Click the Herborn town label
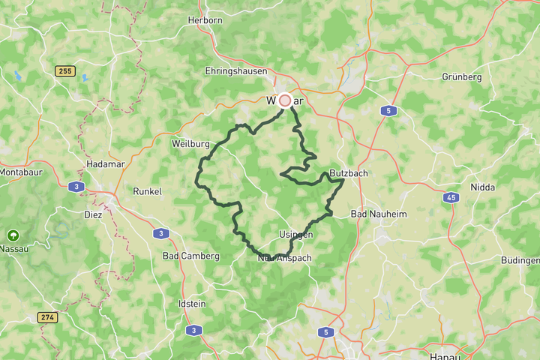pyautogui.click(x=205, y=20)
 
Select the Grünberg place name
pyautogui.click(x=461, y=76)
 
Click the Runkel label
pyautogui.click(x=147, y=191)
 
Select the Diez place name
pyautogui.click(x=93, y=214)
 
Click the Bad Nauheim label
pyautogui.click(x=379, y=214)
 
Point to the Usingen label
pyautogui.click(x=296, y=235)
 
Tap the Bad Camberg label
pyautogui.click(x=191, y=256)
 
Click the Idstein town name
pyautogui.click(x=191, y=304)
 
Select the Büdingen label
pyautogui.click(x=520, y=260)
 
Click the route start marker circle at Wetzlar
pyautogui.click(x=285, y=100)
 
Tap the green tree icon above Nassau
pyautogui.click(x=13, y=235)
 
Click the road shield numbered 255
pyautogui.click(x=65, y=70)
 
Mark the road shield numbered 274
pyautogui.click(x=47, y=318)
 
